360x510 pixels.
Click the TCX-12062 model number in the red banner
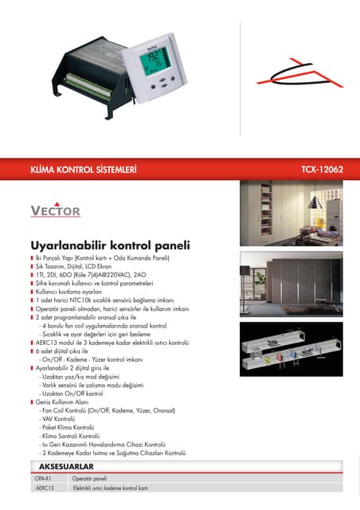322,170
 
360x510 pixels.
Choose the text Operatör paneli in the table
89,478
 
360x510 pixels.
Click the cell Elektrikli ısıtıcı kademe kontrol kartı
111,487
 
